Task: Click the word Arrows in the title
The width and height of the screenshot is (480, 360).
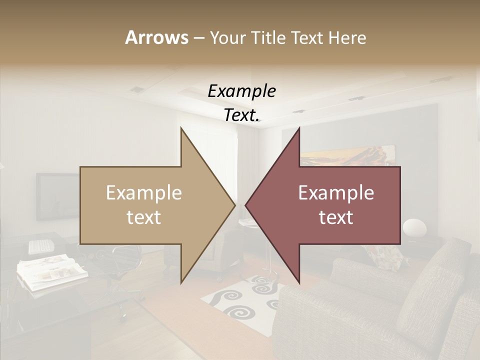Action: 156,37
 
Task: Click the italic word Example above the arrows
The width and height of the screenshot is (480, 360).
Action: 241,91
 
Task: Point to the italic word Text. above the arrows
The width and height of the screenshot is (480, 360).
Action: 241,115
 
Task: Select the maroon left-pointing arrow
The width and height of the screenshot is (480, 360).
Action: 330,205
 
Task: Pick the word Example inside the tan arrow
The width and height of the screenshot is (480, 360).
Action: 144,193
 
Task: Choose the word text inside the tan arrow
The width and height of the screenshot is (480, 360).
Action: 144,217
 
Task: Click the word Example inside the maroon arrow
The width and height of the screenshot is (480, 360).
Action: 336,193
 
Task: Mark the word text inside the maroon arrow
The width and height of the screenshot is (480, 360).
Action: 336,217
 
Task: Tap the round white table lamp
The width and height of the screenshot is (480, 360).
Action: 414,228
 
